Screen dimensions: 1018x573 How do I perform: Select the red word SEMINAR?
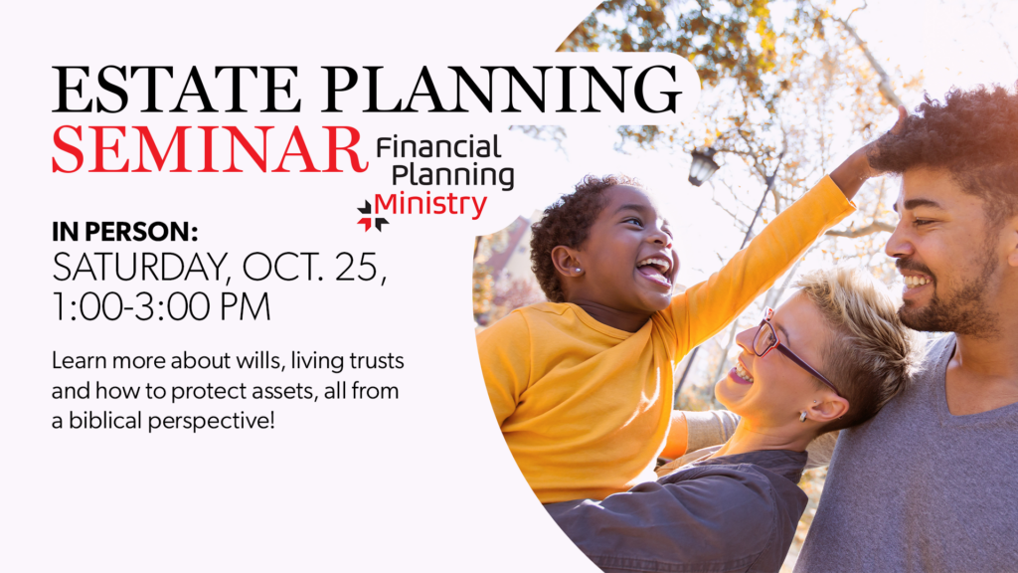[x=209, y=149]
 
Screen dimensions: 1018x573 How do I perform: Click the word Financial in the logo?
[x=438, y=147]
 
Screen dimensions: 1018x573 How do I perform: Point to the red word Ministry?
[x=430, y=205]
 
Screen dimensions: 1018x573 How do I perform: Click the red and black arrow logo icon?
[x=372, y=216]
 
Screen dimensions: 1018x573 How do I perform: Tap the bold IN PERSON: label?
[x=124, y=232]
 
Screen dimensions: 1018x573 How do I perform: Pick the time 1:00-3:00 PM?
[x=161, y=307]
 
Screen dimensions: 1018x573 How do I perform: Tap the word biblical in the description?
[x=105, y=421]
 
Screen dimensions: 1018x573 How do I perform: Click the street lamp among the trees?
[x=703, y=166]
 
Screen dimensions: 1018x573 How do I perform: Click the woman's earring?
[x=803, y=415]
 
